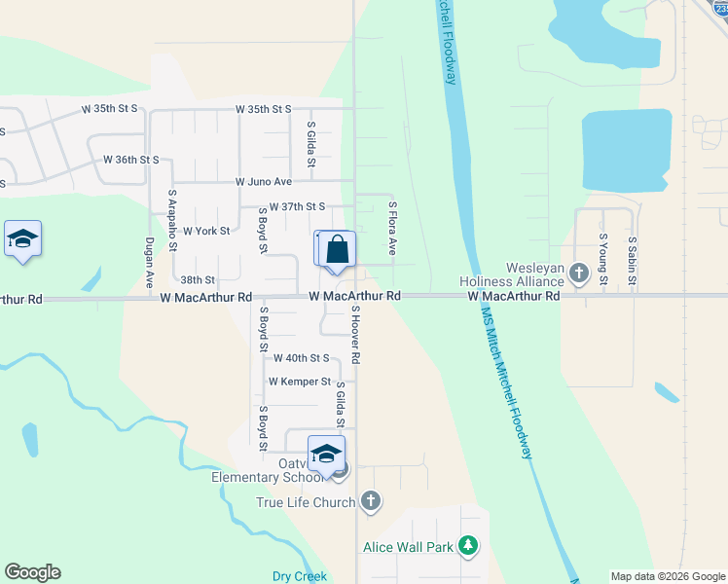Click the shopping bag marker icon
[x=337, y=248]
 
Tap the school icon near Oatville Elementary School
[x=326, y=454]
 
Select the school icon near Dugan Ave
[x=22, y=239]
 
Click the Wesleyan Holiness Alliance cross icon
[x=580, y=273]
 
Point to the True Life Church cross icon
[x=370, y=502]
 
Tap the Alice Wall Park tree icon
[x=469, y=547]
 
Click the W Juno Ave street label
[x=263, y=182]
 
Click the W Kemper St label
[x=300, y=382]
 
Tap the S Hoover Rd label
[x=356, y=336]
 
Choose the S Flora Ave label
[x=393, y=229]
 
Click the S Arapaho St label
[x=172, y=220]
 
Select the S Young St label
[x=602, y=259]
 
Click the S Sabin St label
[x=632, y=261]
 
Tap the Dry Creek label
[x=299, y=576]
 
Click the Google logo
[x=32, y=572]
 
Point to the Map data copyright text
[x=667, y=576]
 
